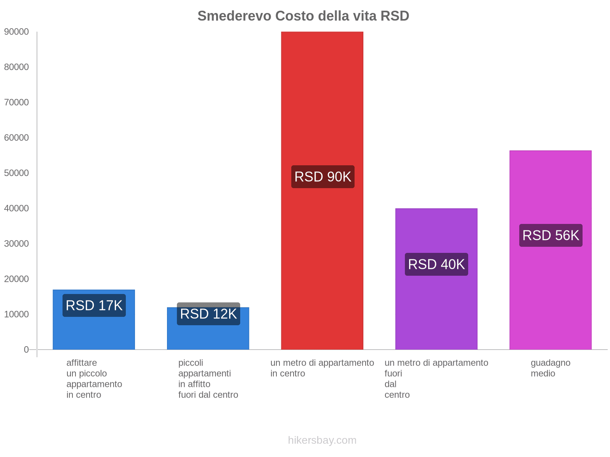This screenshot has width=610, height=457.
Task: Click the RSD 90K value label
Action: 323,177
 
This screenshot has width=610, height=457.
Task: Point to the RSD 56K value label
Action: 551,235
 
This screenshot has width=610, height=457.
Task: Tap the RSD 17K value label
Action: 94,305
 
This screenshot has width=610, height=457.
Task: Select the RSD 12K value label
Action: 208,314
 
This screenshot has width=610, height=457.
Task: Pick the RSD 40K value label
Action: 436,264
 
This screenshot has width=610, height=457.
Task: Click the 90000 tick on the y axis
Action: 16,32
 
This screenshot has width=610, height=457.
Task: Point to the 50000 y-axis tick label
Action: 16,173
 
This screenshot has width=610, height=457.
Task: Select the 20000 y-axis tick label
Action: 16,279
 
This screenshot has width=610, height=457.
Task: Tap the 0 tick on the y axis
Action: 26,350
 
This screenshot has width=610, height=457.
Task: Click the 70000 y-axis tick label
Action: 16,102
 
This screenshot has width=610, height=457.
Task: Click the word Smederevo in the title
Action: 234,16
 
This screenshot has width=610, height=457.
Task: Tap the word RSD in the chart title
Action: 395,16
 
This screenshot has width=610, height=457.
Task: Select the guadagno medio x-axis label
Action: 550,368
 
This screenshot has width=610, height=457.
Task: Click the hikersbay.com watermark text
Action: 322,440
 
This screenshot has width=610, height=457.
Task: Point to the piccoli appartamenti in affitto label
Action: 208,379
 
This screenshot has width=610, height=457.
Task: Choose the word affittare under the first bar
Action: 82,363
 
